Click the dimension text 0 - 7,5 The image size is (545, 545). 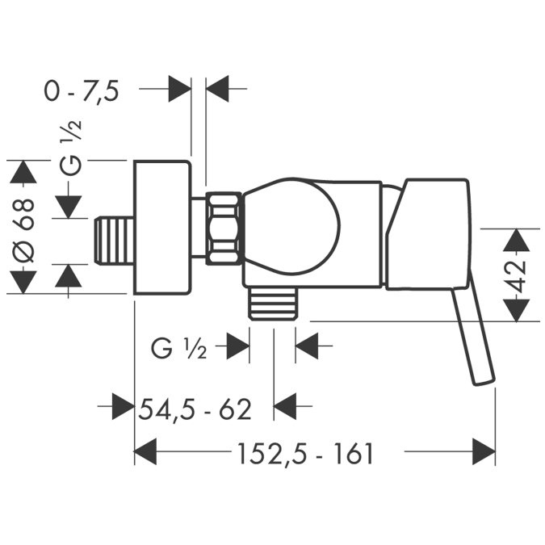coord(82,91)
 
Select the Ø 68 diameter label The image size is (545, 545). coord(23,230)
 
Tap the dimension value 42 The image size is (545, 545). coord(517,275)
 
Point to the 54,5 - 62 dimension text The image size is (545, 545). coord(195,409)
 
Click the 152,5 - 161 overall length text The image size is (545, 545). coord(305,454)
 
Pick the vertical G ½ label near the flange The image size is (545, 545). coord(70,147)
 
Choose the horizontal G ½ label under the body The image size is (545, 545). coord(179,349)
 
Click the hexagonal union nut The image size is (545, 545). coord(224,228)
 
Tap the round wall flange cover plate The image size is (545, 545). coord(162,228)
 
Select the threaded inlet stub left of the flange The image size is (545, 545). coord(115,241)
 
